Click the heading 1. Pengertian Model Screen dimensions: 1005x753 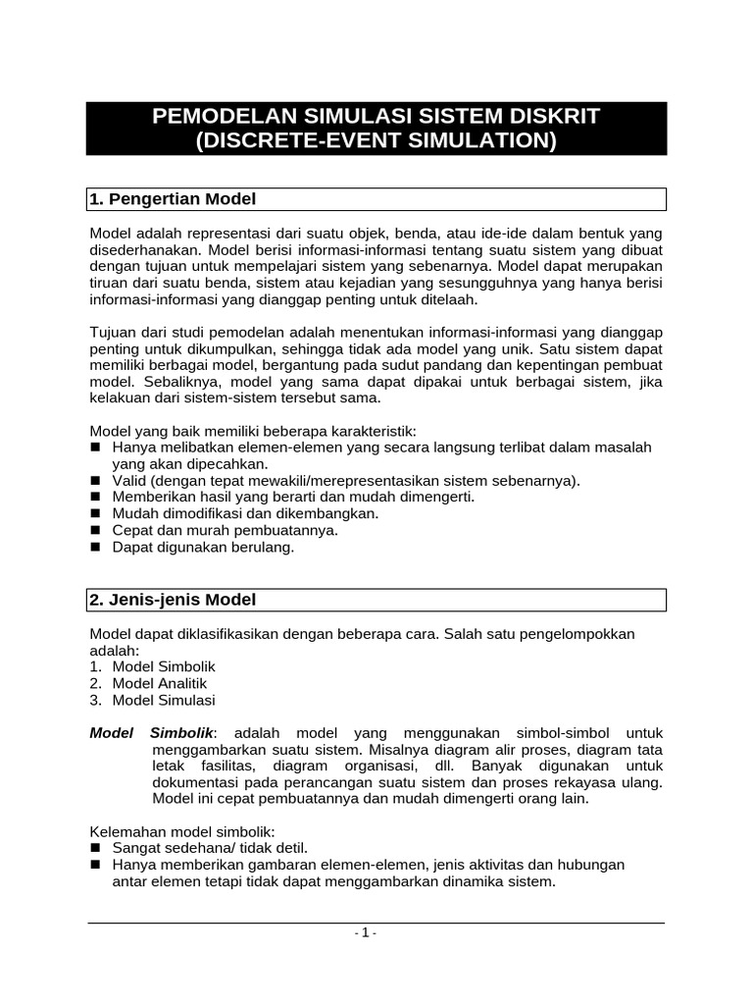coord(173,199)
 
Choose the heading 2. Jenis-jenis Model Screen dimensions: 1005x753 coord(174,600)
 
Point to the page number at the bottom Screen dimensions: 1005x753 coord(366,932)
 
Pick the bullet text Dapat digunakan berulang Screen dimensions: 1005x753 coord(203,547)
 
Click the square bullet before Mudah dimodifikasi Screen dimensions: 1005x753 coord(96,513)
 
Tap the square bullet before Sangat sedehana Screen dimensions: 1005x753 coord(96,847)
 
